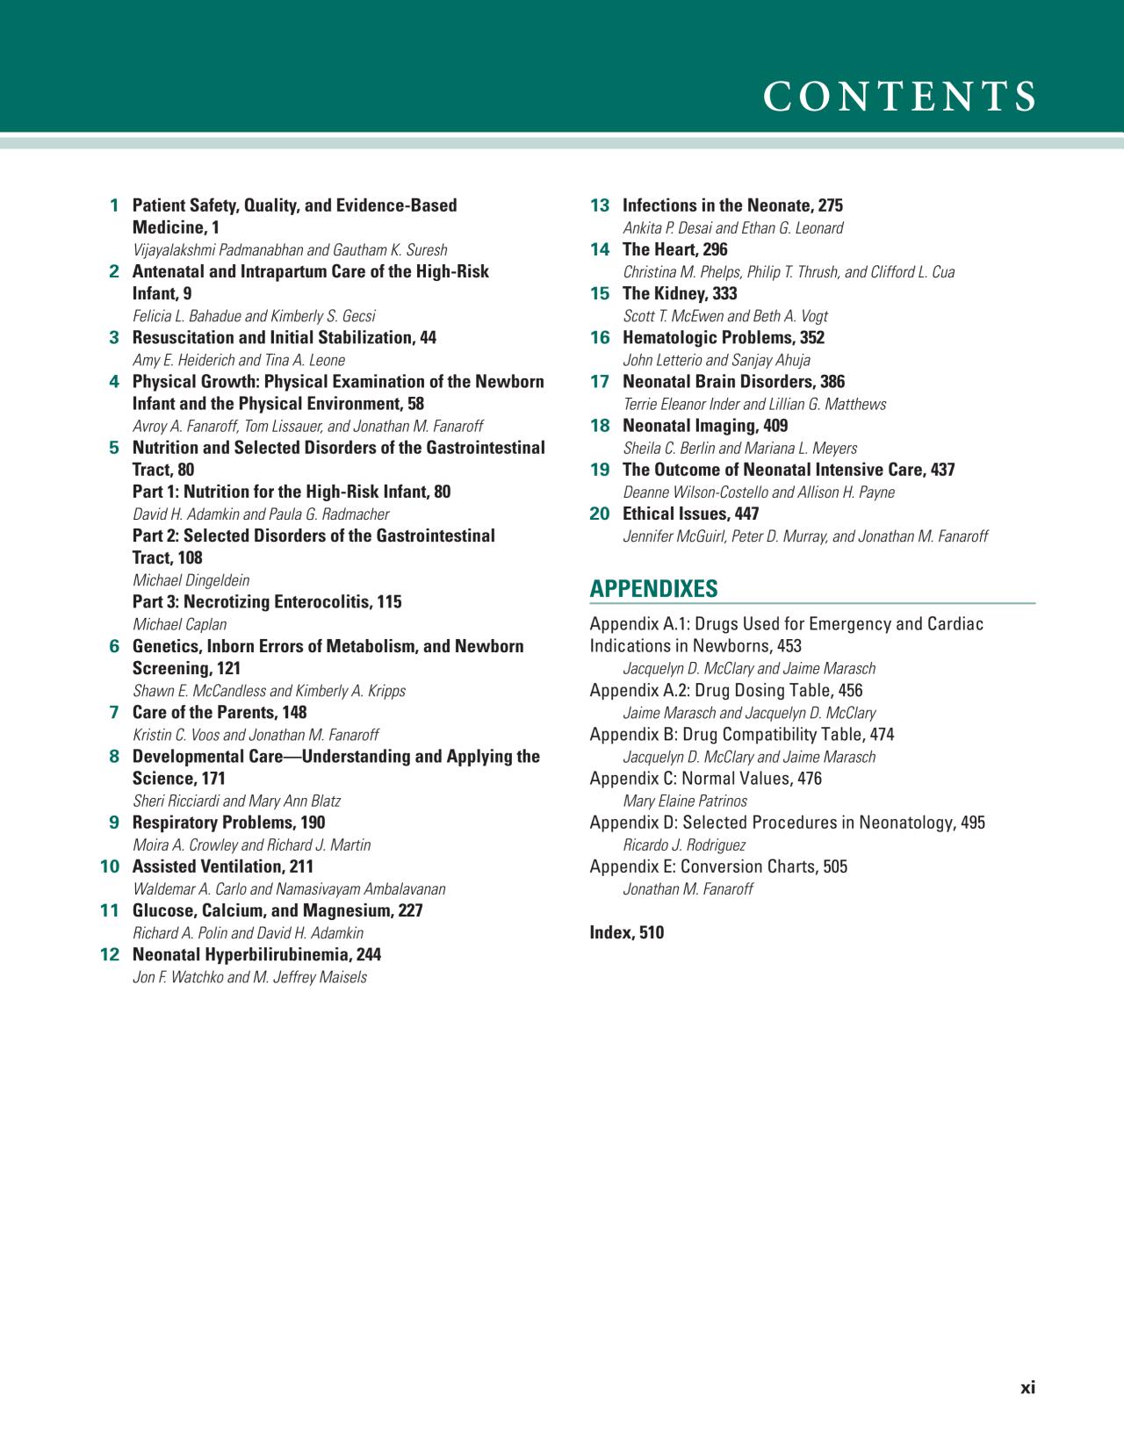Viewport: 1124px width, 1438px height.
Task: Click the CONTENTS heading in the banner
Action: tap(899, 97)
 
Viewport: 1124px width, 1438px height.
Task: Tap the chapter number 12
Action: tap(110, 954)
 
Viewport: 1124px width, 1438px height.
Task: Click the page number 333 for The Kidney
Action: tap(724, 293)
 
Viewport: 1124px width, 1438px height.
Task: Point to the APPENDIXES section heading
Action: tap(653, 589)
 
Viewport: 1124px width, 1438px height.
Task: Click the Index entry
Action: tap(626, 932)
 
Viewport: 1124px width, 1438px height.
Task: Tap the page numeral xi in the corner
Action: tap(1027, 1388)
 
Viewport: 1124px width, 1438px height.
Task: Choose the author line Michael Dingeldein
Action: tap(191, 580)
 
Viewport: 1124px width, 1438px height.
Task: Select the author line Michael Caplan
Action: tap(179, 624)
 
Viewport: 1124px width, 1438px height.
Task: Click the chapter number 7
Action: tap(114, 712)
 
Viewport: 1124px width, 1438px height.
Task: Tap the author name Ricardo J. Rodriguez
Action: tap(684, 845)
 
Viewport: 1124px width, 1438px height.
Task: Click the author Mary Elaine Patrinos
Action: tap(685, 801)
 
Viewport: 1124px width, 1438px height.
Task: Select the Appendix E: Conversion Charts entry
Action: tap(718, 866)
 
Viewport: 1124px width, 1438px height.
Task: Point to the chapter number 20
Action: tap(600, 514)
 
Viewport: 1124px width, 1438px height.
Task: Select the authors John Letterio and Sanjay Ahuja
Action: tap(717, 360)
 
